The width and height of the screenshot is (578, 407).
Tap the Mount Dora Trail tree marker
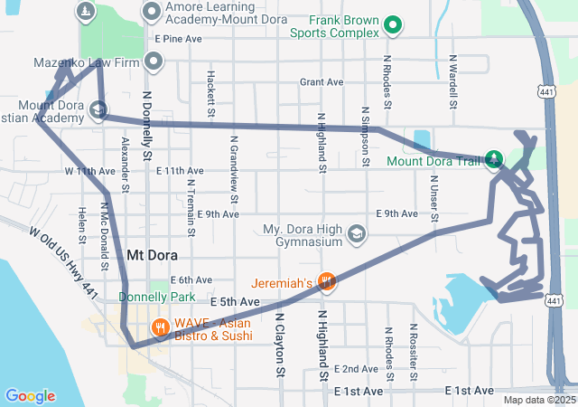(494, 161)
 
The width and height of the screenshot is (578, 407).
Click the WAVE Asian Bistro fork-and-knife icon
(161, 327)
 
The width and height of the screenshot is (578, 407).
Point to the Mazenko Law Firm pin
(154, 62)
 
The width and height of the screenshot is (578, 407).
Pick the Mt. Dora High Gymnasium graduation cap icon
(358, 235)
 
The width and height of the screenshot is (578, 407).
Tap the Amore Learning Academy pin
(151, 12)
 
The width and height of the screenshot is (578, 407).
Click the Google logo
(30, 395)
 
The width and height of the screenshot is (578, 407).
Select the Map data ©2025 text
(538, 400)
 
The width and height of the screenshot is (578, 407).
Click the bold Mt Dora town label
(150, 255)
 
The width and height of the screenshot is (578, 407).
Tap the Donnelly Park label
(144, 296)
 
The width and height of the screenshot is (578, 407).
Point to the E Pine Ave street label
(178, 40)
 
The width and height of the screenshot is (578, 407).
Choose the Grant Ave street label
(322, 82)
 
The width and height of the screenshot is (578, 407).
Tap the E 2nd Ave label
(356, 369)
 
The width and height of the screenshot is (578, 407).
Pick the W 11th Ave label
(89, 170)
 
